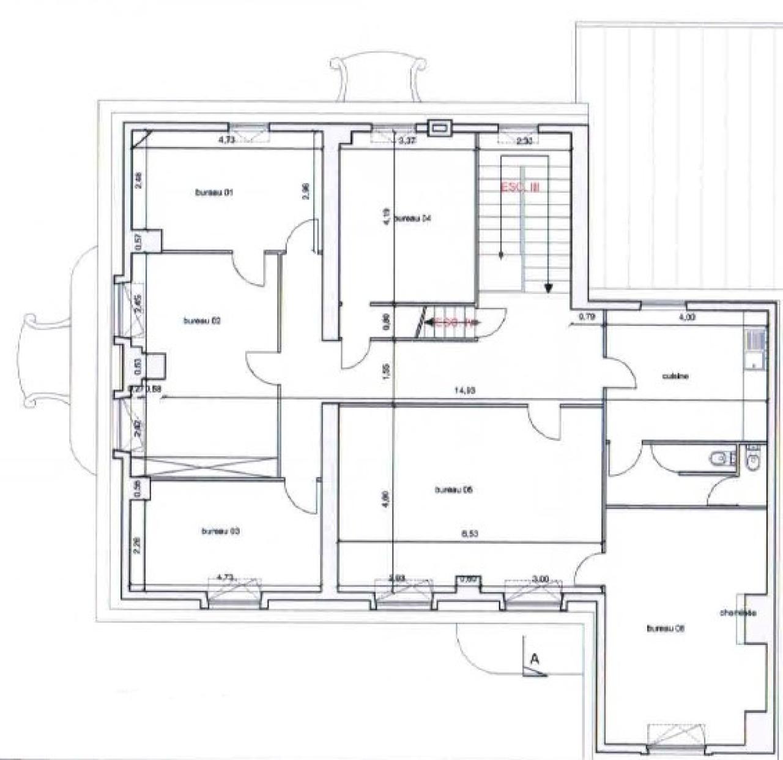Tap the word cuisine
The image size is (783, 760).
point(675,376)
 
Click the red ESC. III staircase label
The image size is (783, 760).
point(519,188)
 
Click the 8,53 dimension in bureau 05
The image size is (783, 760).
point(469,533)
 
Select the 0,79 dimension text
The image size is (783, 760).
point(587,317)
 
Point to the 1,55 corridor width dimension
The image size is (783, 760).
point(386,372)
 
